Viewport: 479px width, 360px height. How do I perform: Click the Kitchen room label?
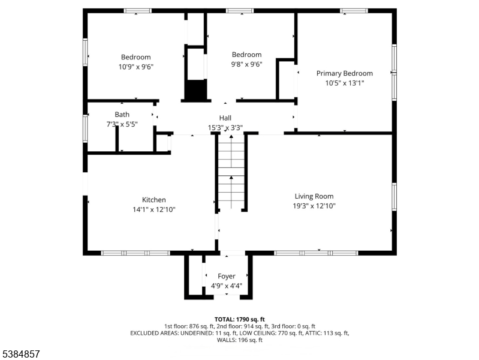(x=154, y=200)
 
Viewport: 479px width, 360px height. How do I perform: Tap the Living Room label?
(x=314, y=196)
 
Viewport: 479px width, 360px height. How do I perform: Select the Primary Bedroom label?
(x=345, y=73)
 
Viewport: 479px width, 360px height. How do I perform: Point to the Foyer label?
(x=227, y=276)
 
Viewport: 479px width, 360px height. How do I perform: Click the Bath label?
(x=122, y=115)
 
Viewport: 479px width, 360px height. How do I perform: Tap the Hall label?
(x=225, y=118)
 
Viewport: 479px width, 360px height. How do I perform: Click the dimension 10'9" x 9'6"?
(x=136, y=67)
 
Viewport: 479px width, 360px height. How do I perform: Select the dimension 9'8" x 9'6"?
(x=246, y=64)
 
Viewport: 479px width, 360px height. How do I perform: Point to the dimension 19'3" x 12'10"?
(x=314, y=206)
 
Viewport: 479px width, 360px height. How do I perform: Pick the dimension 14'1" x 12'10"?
(x=154, y=209)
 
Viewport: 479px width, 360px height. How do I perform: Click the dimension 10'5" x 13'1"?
(x=345, y=83)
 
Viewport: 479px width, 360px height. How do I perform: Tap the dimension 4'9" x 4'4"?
(x=227, y=286)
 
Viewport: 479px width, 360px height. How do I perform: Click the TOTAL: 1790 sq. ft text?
(x=240, y=320)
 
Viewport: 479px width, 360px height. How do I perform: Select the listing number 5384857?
(x=21, y=354)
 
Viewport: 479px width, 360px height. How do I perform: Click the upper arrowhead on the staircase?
(x=231, y=136)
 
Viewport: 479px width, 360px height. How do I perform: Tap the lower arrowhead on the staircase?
(x=231, y=178)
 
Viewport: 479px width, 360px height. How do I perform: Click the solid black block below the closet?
(x=195, y=89)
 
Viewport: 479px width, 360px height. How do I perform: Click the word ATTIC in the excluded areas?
(x=312, y=333)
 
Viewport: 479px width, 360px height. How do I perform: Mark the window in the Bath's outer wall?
(x=85, y=128)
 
